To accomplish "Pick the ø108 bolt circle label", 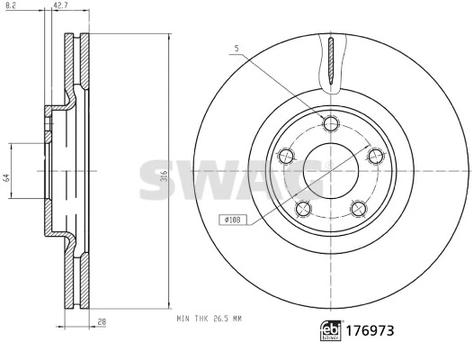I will pyautogui.click(x=232, y=218).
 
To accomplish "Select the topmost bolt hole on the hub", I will pyautogui.click(x=330, y=123).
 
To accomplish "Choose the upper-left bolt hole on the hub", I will pyautogui.click(x=287, y=156).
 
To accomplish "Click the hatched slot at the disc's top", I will pyautogui.click(x=330, y=62).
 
